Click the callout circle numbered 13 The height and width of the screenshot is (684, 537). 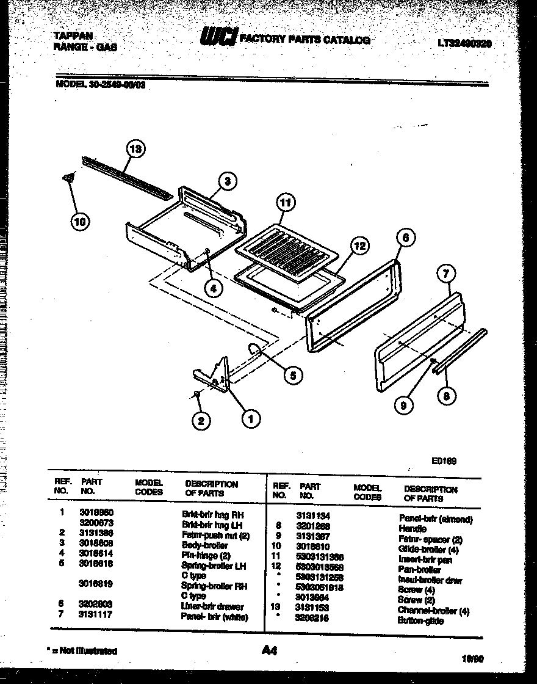pyautogui.click(x=136, y=149)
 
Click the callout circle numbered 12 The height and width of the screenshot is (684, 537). pyautogui.click(x=360, y=246)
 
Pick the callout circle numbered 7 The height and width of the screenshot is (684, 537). pyautogui.click(x=447, y=275)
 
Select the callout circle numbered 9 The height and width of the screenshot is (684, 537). pyautogui.click(x=403, y=404)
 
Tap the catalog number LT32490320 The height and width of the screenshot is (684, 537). pyautogui.click(x=464, y=43)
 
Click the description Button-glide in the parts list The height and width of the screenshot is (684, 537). pyautogui.click(x=420, y=620)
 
